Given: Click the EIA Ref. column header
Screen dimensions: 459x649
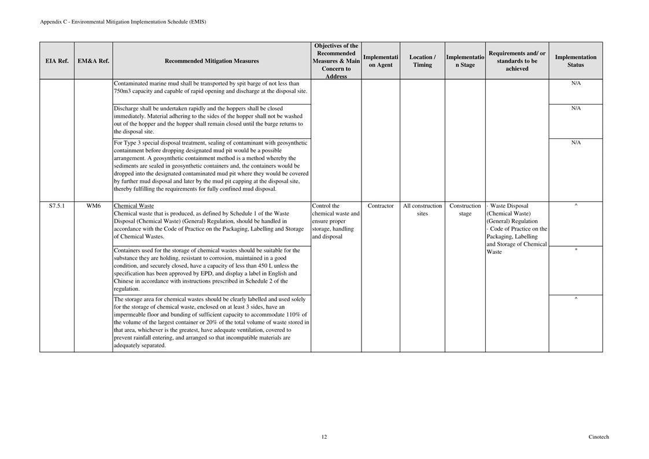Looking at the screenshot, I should point(57,61).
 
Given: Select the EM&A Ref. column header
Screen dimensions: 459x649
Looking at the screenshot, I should point(93,61).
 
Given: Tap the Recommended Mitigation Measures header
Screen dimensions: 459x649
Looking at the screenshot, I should point(212,61).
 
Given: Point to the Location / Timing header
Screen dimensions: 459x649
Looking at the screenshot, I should point(422,61).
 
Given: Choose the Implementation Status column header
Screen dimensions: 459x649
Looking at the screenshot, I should point(576,61).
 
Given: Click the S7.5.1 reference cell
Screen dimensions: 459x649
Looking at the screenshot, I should point(57,206).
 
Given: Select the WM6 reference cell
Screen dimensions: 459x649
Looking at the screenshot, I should point(93,206).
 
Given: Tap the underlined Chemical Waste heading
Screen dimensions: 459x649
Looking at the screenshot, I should point(134,206).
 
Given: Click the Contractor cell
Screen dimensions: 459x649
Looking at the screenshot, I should point(381,206).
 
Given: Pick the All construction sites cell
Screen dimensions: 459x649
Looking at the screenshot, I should point(422,209).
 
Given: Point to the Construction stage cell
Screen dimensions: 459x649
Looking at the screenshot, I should point(465,209).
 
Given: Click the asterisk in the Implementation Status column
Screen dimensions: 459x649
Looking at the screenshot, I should point(576,250).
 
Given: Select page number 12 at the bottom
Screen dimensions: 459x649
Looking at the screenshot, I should point(324,437).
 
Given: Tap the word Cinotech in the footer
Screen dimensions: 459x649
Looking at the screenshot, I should point(599,437).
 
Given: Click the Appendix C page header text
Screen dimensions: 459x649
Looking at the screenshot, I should point(123,22).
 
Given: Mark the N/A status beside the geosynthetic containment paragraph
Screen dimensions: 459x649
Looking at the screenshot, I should point(576,143).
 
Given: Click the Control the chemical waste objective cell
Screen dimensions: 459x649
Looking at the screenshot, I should point(335,221).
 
